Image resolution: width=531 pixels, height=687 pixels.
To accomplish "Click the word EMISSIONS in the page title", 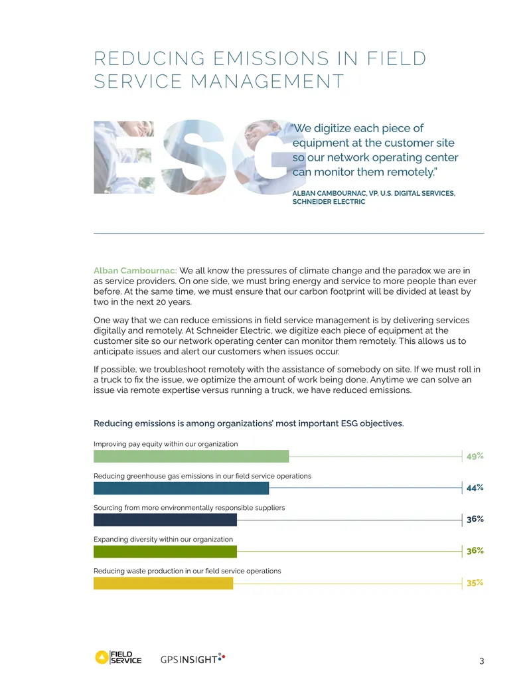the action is (x=271, y=58).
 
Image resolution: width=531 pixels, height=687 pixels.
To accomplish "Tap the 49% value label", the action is (x=475, y=456).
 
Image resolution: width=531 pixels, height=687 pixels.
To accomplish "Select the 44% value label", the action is (x=475, y=488).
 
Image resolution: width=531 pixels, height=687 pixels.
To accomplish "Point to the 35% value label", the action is (x=475, y=583).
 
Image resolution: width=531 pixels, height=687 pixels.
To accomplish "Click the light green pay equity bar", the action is (x=191, y=457).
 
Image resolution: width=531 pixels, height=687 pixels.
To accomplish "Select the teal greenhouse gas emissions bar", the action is (x=181, y=488).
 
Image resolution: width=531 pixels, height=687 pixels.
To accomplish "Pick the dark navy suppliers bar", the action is (x=165, y=520).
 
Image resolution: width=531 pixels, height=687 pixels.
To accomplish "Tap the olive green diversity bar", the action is (x=165, y=552).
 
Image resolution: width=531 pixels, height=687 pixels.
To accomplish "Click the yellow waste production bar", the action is (x=163, y=583).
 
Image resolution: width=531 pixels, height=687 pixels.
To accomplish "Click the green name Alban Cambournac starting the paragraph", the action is (x=135, y=271).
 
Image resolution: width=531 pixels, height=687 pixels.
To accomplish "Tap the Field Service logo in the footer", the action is (x=118, y=657).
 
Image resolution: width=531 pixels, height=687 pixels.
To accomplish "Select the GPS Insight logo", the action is (x=192, y=658).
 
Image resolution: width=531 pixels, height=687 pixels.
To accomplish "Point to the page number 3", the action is (x=481, y=661).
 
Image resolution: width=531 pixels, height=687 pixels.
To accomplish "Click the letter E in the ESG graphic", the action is (x=124, y=157).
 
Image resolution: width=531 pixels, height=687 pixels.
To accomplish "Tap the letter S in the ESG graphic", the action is (x=194, y=157).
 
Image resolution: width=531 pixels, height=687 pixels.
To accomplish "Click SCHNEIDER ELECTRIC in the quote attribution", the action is (x=329, y=202).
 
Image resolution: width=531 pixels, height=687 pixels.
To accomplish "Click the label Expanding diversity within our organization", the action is (x=163, y=540).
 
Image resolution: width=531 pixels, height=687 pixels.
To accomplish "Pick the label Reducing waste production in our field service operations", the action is (x=188, y=572).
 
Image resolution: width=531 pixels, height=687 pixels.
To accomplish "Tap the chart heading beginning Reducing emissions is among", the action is (x=249, y=423).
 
